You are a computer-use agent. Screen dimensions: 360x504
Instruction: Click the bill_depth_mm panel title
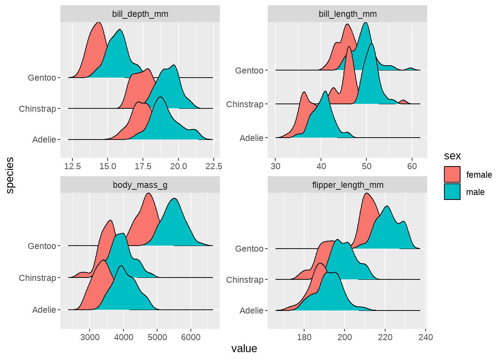click(x=140, y=14)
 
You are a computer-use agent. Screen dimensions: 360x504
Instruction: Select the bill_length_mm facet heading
click(x=348, y=14)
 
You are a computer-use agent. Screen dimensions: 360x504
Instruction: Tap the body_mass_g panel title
click(x=140, y=185)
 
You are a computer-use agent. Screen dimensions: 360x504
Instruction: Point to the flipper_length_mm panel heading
click(x=348, y=185)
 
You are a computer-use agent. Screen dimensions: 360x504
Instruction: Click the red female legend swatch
click(x=452, y=175)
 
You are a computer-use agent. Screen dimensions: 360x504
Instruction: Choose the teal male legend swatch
click(x=452, y=192)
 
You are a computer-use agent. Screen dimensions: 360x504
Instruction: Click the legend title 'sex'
click(x=452, y=156)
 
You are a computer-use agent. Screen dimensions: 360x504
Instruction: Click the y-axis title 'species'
click(x=10, y=175)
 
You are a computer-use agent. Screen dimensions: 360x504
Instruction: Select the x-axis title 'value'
click(x=244, y=348)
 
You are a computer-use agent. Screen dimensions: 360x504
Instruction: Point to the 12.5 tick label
click(x=72, y=166)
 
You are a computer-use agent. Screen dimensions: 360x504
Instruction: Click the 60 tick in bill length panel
click(x=412, y=166)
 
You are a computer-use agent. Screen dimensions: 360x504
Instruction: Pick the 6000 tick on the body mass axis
click(x=190, y=337)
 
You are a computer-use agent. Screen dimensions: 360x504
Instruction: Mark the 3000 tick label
click(x=90, y=337)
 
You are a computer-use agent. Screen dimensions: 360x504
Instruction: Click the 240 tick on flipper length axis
click(x=426, y=337)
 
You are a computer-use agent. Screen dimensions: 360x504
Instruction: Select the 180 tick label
click(x=304, y=337)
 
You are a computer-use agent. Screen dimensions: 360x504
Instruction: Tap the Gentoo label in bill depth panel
click(x=42, y=78)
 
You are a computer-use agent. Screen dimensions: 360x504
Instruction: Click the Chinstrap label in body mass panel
click(x=37, y=278)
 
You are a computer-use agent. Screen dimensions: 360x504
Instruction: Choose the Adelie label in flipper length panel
click(x=252, y=310)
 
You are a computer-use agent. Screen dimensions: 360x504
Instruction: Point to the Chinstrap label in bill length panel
click(x=245, y=104)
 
